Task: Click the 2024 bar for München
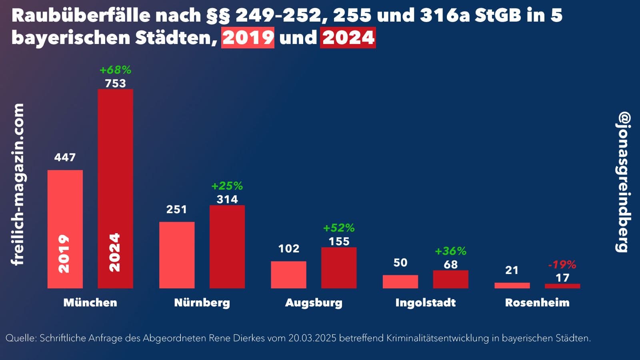pos(115,188)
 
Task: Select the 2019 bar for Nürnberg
pos(177,255)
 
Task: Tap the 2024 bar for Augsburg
pos(339,268)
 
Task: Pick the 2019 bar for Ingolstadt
pos(400,282)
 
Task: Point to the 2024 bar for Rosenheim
pos(562,286)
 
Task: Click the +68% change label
pos(115,70)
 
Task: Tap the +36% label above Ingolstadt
pos(450,251)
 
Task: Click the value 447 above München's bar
pos(65,157)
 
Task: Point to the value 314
pos(227,199)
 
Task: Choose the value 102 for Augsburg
pos(288,248)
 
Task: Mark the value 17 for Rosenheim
pos(562,278)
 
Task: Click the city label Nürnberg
pos(202,302)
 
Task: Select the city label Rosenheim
pos(537,302)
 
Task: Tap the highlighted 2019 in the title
pos(248,38)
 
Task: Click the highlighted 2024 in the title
pos(348,38)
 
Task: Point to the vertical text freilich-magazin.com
pos(18,184)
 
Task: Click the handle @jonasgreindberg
pos(623,182)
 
